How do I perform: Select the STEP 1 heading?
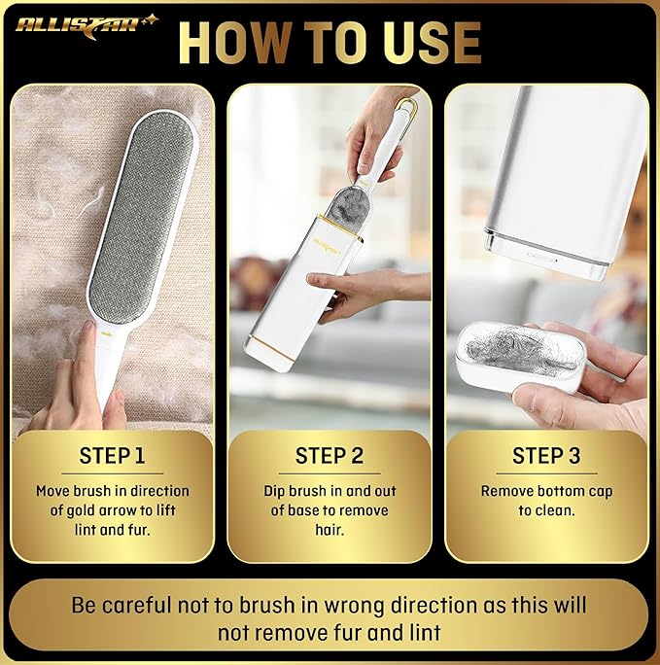(112, 455)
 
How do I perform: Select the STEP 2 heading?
(330, 455)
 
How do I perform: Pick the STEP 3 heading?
(545, 455)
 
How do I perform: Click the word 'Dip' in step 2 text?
(278, 491)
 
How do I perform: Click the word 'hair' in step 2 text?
(330, 530)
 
